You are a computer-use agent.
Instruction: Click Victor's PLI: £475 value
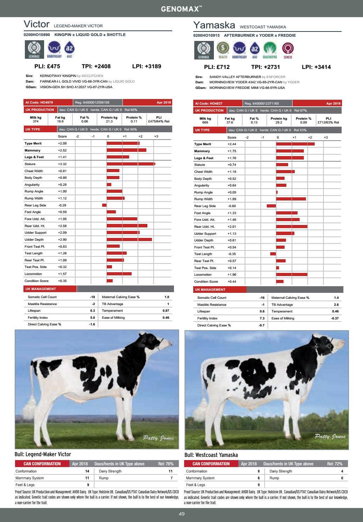click(x=47, y=66)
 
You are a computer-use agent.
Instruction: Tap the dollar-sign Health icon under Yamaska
click(x=223, y=48)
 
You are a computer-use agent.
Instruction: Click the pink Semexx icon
click(x=288, y=48)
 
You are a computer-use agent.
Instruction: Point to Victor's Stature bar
click(x=131, y=164)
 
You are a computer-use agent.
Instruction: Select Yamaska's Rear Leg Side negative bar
click(x=271, y=206)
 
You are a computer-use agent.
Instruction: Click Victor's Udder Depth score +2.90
click(x=62, y=240)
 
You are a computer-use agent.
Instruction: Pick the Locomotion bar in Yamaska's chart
click(x=292, y=275)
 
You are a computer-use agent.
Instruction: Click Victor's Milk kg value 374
click(x=36, y=121)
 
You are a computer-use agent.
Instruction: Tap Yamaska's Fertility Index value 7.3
click(x=262, y=318)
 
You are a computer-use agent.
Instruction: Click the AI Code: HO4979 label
click(x=39, y=103)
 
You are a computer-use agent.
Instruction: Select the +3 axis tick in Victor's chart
click(x=156, y=136)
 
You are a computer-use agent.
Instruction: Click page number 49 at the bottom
click(x=181, y=514)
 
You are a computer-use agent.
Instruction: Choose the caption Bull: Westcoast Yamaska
click(x=211, y=455)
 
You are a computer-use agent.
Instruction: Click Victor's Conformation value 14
click(x=87, y=471)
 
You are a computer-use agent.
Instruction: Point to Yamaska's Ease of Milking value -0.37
click(x=335, y=318)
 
